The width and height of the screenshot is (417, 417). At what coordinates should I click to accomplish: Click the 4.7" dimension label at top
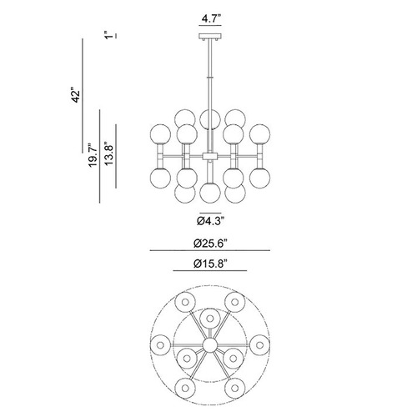coord(211,19)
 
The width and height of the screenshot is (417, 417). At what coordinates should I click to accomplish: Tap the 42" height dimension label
coord(76,96)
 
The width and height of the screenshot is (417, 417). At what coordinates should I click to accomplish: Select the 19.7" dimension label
coord(93,155)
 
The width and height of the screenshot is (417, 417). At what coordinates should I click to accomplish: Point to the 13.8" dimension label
coord(108,155)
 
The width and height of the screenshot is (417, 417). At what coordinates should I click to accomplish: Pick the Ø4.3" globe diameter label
coord(210,221)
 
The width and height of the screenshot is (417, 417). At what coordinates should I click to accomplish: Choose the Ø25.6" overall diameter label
coord(210,244)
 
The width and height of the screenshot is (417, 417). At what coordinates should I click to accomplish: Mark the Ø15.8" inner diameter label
coord(210,264)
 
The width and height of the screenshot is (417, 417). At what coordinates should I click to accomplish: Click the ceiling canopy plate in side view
coord(210,36)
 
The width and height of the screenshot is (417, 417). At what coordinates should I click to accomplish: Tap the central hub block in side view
coord(210,156)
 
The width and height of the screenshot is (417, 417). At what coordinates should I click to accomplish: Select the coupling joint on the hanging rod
coord(210,78)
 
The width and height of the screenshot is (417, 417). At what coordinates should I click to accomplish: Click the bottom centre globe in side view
coord(210,193)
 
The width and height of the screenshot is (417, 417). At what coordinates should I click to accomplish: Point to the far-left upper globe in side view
coord(160,134)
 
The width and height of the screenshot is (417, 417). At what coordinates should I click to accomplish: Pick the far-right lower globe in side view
coord(259,178)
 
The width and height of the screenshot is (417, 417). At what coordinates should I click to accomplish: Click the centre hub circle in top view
coord(210,345)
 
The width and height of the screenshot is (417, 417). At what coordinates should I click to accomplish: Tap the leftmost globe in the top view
coord(160,345)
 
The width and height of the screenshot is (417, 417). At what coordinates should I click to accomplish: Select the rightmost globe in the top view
coord(259,345)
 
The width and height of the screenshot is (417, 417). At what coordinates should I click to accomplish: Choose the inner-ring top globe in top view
coord(210,319)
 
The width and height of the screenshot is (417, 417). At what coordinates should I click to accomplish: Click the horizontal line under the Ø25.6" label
coord(210,250)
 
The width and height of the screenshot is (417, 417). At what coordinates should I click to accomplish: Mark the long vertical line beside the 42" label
coord(83,96)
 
